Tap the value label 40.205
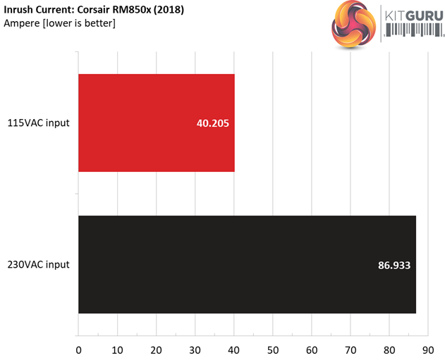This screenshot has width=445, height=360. (213, 123)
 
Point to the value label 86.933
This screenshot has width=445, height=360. (394, 266)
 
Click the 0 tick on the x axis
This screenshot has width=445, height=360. (78, 348)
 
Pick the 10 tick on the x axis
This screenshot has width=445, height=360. (117, 348)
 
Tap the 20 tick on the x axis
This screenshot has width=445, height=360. (156, 348)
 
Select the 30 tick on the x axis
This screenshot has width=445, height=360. (195, 348)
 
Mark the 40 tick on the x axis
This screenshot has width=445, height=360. (233, 348)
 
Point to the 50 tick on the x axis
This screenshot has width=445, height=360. (272, 348)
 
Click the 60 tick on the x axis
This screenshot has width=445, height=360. (311, 348)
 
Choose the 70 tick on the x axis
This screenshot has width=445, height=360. (350, 348)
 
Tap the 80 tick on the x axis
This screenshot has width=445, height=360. (389, 348)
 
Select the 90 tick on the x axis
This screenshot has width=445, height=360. (427, 348)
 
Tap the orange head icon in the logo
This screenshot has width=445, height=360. (352, 23)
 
